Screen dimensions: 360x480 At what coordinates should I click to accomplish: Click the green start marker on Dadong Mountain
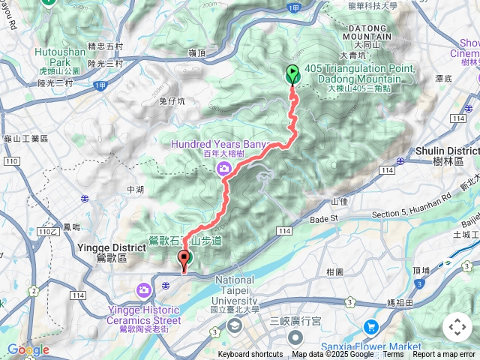[x=292, y=74]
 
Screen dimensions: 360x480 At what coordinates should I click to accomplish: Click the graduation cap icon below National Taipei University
[x=235, y=325]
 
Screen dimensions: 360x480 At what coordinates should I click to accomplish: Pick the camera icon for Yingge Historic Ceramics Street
[x=143, y=289]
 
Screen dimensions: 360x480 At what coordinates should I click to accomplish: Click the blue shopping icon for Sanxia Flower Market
[x=370, y=327]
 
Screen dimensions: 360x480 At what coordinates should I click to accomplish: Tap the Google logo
[x=28, y=349]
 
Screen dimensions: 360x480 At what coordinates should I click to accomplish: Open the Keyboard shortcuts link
[x=250, y=355]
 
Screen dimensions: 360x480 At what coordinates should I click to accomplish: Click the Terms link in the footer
[x=392, y=355]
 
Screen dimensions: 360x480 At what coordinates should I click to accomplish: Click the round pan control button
[x=457, y=327]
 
